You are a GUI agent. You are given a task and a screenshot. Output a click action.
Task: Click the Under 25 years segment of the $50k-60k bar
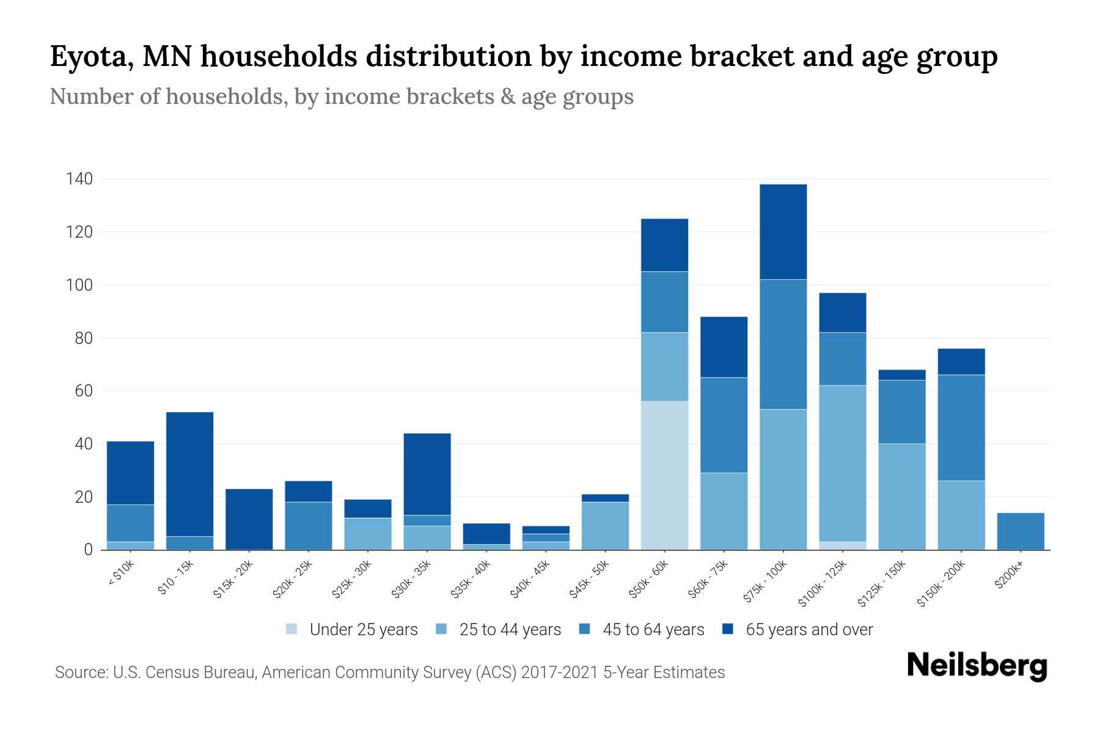[x=664, y=475]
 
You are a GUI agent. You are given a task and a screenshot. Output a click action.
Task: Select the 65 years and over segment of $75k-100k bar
[x=783, y=232]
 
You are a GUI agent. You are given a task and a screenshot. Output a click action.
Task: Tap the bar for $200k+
[x=1021, y=531]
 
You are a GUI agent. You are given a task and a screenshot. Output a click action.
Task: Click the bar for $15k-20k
[x=249, y=519]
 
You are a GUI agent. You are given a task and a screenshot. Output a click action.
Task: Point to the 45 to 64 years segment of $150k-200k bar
[x=961, y=428]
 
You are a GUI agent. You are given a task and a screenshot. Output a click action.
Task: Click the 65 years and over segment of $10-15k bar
[x=189, y=474]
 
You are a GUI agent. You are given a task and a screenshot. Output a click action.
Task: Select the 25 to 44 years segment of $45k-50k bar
[x=605, y=525]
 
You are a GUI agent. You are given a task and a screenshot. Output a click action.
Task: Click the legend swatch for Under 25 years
[x=291, y=629]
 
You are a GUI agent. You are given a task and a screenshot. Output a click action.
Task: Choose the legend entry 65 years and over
[x=809, y=629]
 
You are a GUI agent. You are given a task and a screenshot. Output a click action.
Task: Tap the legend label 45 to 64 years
[x=653, y=629]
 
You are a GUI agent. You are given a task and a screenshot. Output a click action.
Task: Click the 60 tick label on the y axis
[x=84, y=391]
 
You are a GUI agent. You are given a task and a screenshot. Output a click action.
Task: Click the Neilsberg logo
[x=977, y=666]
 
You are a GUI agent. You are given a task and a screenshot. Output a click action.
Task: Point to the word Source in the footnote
[x=80, y=673]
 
